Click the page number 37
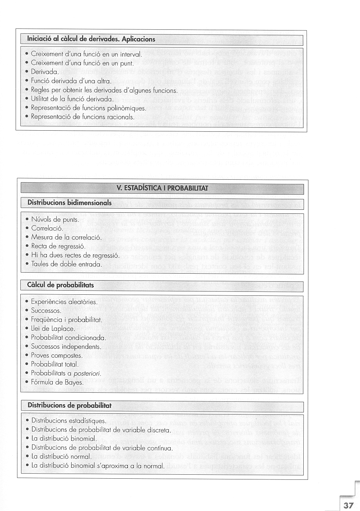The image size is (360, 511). point(348,505)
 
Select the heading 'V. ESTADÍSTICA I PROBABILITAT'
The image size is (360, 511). point(162,188)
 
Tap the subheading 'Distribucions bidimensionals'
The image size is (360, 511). point(70,203)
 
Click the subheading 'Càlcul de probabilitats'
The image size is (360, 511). point(60,285)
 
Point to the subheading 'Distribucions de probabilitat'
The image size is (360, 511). point(69,405)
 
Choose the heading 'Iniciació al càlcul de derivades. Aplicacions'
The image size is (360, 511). point(91,39)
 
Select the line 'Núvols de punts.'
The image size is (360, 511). point(55,220)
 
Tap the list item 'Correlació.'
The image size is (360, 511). point(47,229)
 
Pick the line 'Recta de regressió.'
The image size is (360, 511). point(58,246)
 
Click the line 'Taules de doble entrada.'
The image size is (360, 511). point(66,264)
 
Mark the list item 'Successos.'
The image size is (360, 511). point(46,311)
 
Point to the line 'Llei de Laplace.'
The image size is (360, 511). point(53,329)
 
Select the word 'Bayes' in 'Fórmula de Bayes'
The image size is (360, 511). point(74,383)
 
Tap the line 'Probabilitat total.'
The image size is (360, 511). point(54,364)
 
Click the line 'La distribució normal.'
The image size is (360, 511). point(61,457)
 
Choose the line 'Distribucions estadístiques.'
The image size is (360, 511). point(69,421)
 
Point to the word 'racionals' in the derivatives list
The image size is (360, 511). point(122,117)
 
